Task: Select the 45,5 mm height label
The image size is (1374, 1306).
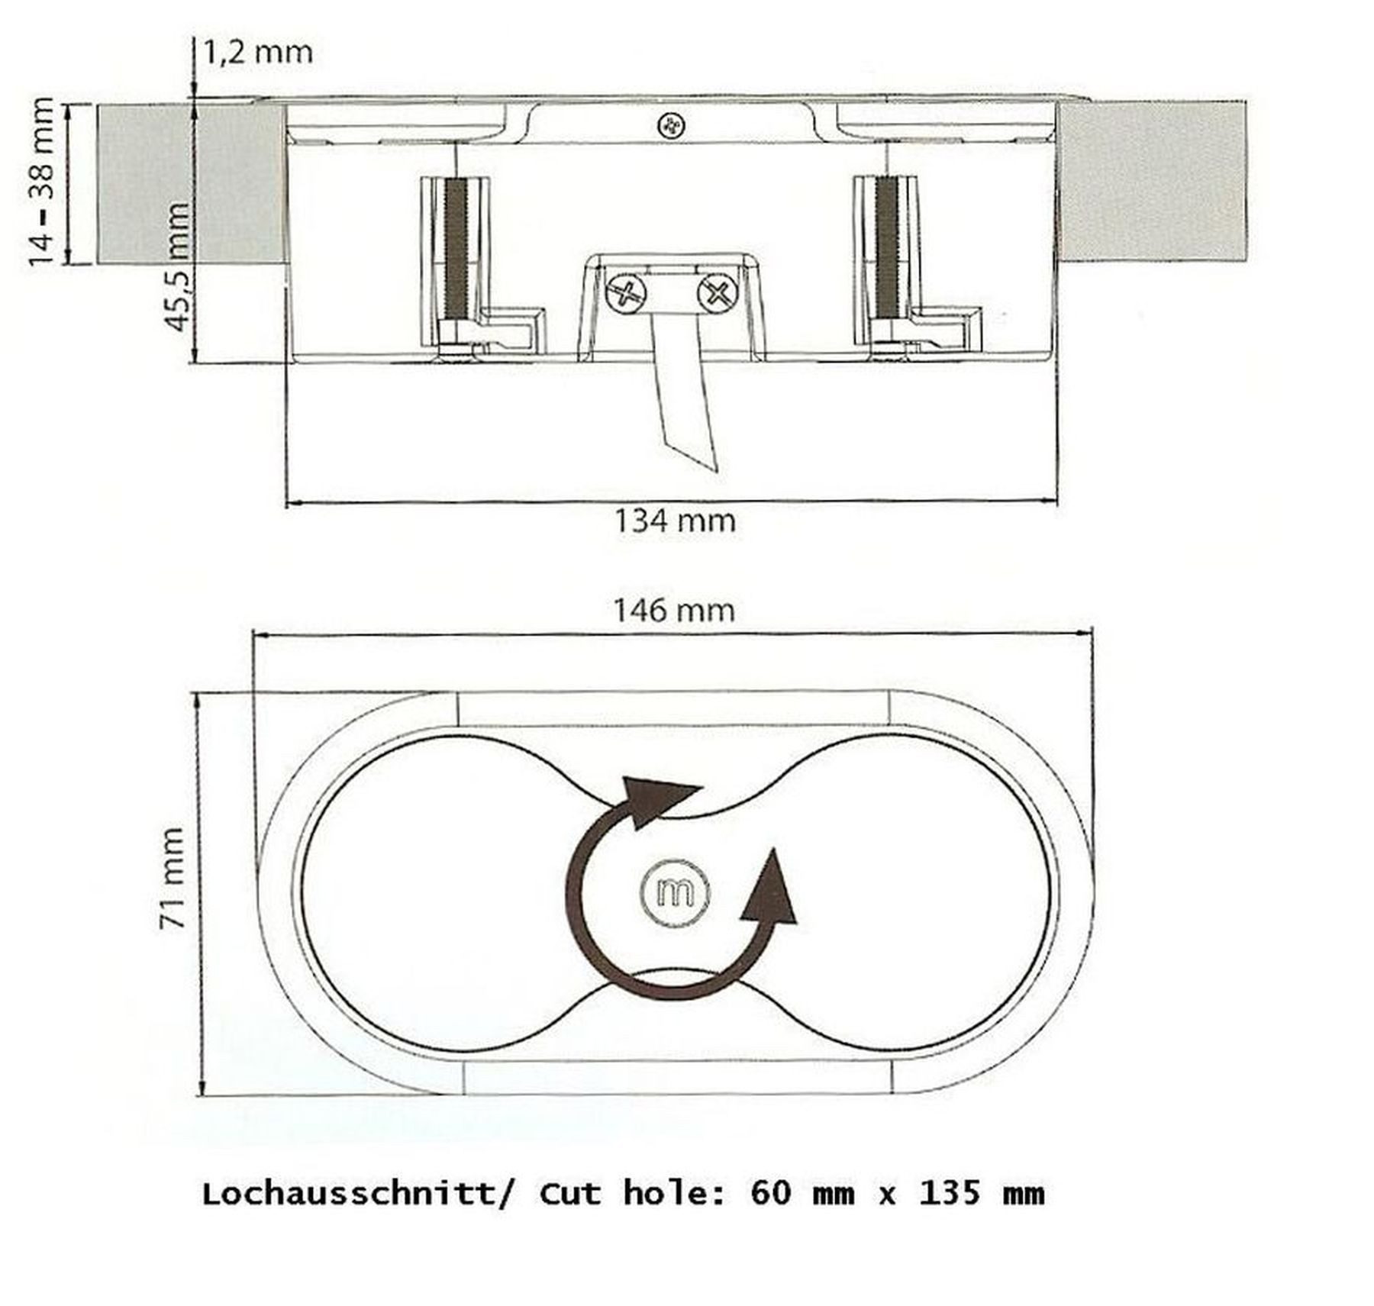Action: [x=177, y=266]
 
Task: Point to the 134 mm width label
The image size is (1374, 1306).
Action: [x=675, y=521]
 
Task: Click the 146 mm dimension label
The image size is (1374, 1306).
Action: [x=674, y=610]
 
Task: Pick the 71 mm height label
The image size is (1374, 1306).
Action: [x=173, y=878]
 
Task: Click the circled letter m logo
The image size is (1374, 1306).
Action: [x=675, y=892]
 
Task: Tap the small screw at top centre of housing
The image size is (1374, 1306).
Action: [x=672, y=126]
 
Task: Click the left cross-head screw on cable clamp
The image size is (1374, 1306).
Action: [x=626, y=293]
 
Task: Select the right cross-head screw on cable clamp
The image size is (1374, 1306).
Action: [x=718, y=292]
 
